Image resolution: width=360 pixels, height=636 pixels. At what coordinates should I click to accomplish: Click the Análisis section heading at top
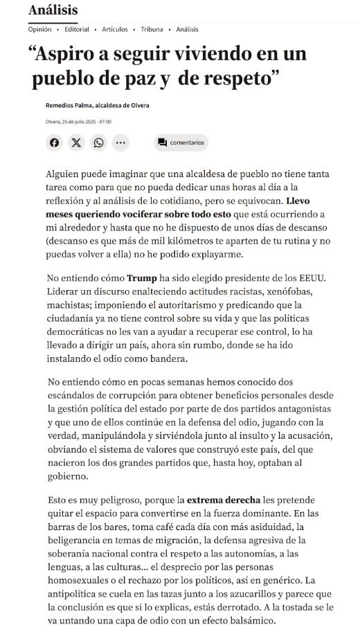click(x=53, y=10)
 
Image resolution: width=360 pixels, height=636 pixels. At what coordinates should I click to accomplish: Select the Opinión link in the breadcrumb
click(x=39, y=30)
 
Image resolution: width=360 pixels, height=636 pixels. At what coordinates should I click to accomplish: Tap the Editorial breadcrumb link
click(x=77, y=30)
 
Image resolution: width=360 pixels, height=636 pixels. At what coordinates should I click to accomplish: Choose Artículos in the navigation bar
click(x=114, y=30)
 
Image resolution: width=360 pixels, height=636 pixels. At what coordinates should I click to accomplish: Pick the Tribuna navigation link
click(x=152, y=30)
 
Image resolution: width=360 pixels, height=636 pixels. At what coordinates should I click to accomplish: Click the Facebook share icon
click(x=55, y=143)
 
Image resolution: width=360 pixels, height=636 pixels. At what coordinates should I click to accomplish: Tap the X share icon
click(x=77, y=143)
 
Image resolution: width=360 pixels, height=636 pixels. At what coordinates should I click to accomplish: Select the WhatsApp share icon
click(x=99, y=143)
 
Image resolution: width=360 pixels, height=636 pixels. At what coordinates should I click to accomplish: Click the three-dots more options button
click(x=121, y=143)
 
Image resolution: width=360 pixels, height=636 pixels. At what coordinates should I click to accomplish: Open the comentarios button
click(x=181, y=143)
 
